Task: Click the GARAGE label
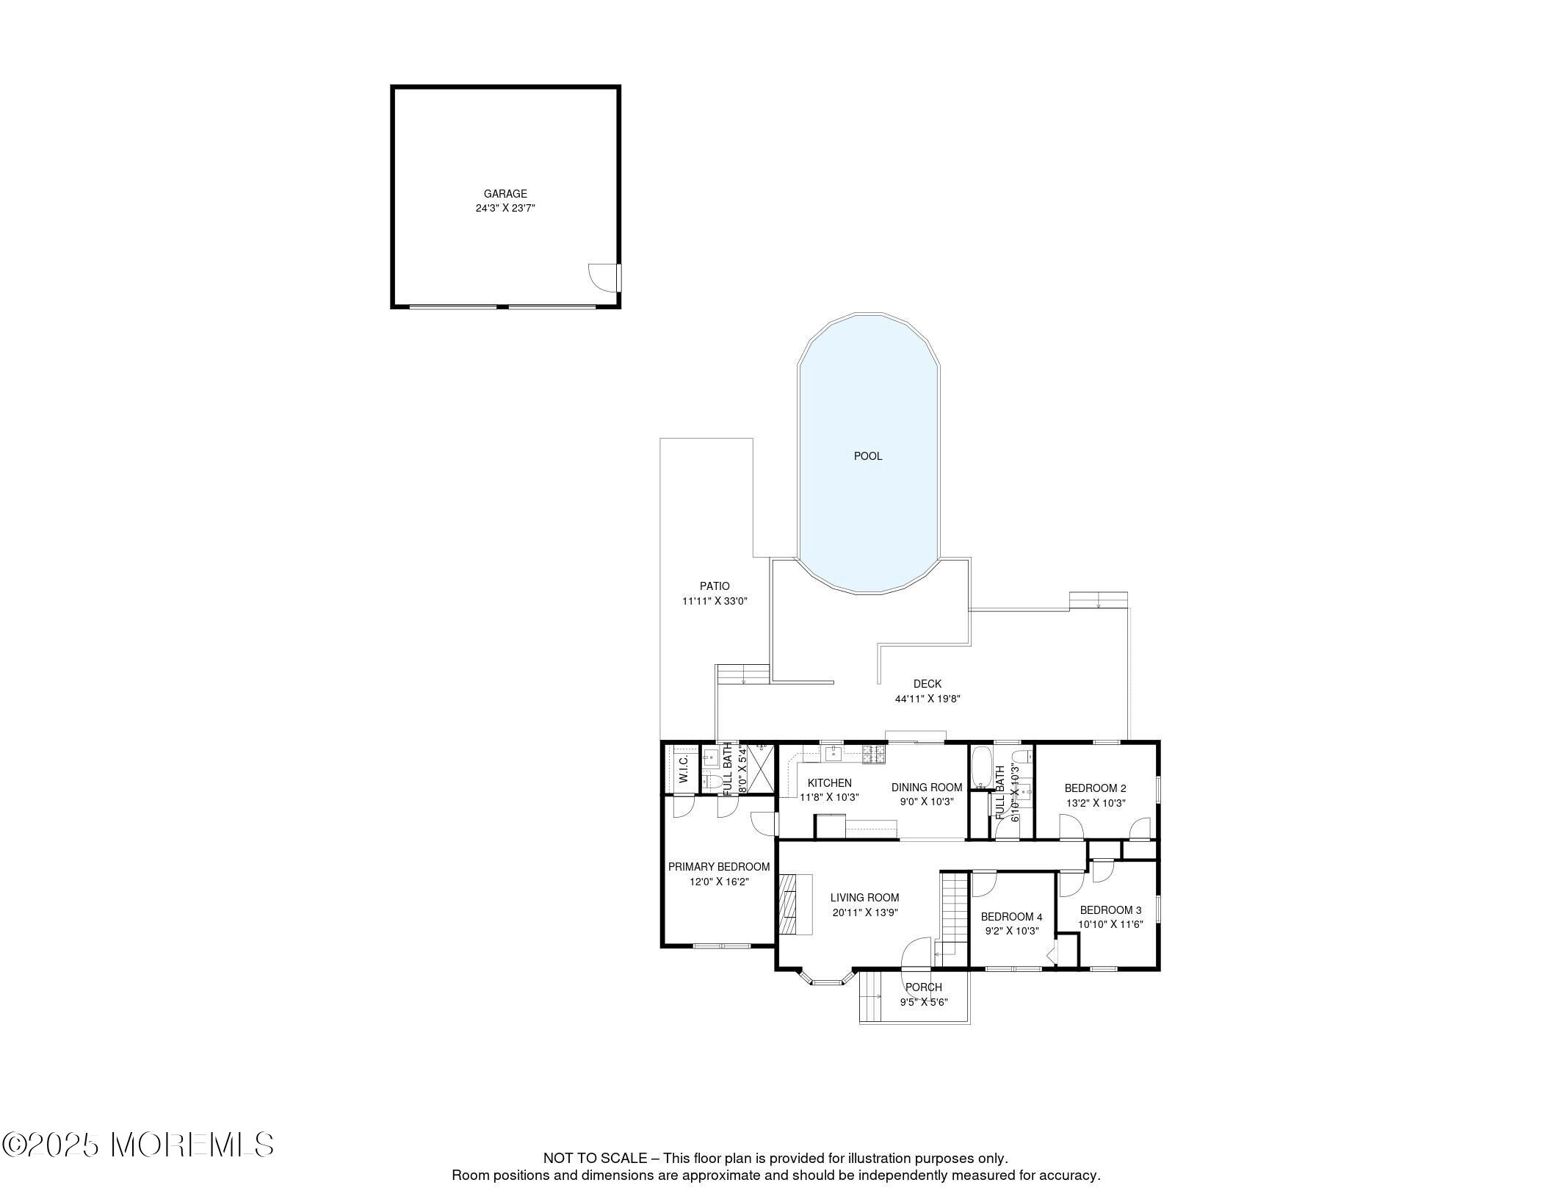[505, 194]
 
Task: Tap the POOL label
[868, 456]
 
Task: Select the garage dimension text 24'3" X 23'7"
[505, 209]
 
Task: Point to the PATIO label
[715, 586]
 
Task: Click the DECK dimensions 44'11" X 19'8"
[928, 699]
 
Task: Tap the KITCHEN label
[830, 783]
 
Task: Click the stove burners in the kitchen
[873, 753]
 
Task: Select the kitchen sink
[835, 752]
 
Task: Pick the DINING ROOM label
[927, 788]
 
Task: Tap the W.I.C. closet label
[682, 768]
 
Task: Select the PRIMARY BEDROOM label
[719, 867]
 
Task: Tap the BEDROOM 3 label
[1110, 910]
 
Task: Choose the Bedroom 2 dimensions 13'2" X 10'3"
[1096, 804]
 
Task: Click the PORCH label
[924, 987]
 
